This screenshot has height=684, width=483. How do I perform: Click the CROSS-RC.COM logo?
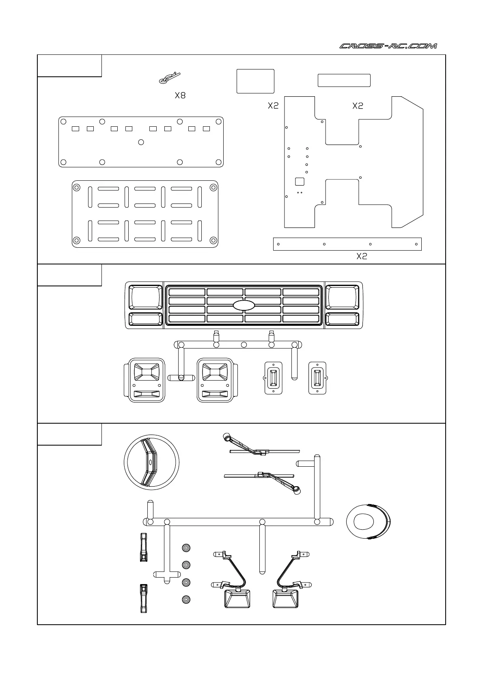pos(388,46)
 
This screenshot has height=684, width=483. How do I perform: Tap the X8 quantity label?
pos(180,96)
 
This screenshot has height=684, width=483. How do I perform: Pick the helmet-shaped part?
pos(368,522)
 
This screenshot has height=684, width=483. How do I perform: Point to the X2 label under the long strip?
pos(362,256)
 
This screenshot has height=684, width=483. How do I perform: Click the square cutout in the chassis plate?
pos(300,182)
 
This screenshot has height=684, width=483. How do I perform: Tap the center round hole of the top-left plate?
pos(141,142)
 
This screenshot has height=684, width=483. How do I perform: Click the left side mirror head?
pos(237,599)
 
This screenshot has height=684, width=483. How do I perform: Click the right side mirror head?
pos(286,599)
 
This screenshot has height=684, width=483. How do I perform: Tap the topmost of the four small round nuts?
pos(186,548)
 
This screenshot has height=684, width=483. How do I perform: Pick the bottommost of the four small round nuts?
pos(186,599)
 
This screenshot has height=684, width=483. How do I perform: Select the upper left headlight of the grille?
pos(145,297)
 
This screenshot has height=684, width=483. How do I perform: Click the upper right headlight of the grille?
pos(342,297)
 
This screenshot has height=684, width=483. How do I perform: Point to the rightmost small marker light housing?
pos(317,378)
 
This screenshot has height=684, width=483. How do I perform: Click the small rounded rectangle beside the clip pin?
pos(255,81)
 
